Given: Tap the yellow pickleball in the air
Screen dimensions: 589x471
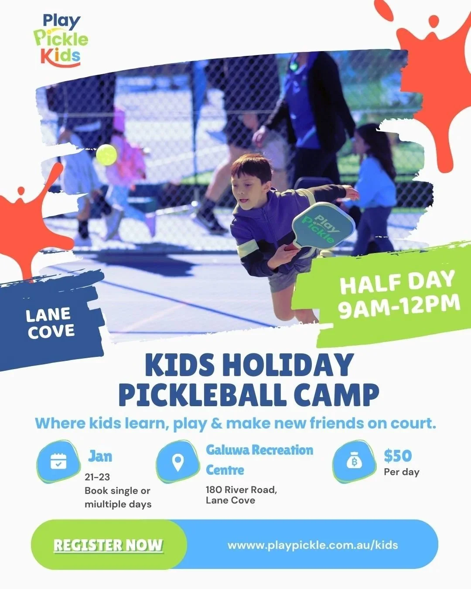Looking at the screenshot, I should point(106,154).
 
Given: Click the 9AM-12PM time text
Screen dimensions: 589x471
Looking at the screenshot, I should point(399,307).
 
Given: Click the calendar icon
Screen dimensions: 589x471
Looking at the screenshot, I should point(58,461).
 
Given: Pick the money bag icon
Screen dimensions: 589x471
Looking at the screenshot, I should point(354,461).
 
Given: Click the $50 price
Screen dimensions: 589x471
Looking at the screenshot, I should point(398,456).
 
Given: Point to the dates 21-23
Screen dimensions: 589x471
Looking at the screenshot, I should point(97,477).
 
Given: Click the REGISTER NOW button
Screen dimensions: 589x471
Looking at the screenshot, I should point(108,545).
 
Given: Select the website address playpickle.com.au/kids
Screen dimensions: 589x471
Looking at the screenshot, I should point(313,545).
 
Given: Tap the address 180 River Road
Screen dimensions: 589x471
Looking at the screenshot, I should point(241,490).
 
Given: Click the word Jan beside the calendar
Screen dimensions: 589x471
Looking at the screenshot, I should point(100,456).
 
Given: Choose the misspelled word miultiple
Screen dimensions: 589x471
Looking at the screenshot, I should point(104,504).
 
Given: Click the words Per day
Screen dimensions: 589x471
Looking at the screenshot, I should point(401,472).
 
